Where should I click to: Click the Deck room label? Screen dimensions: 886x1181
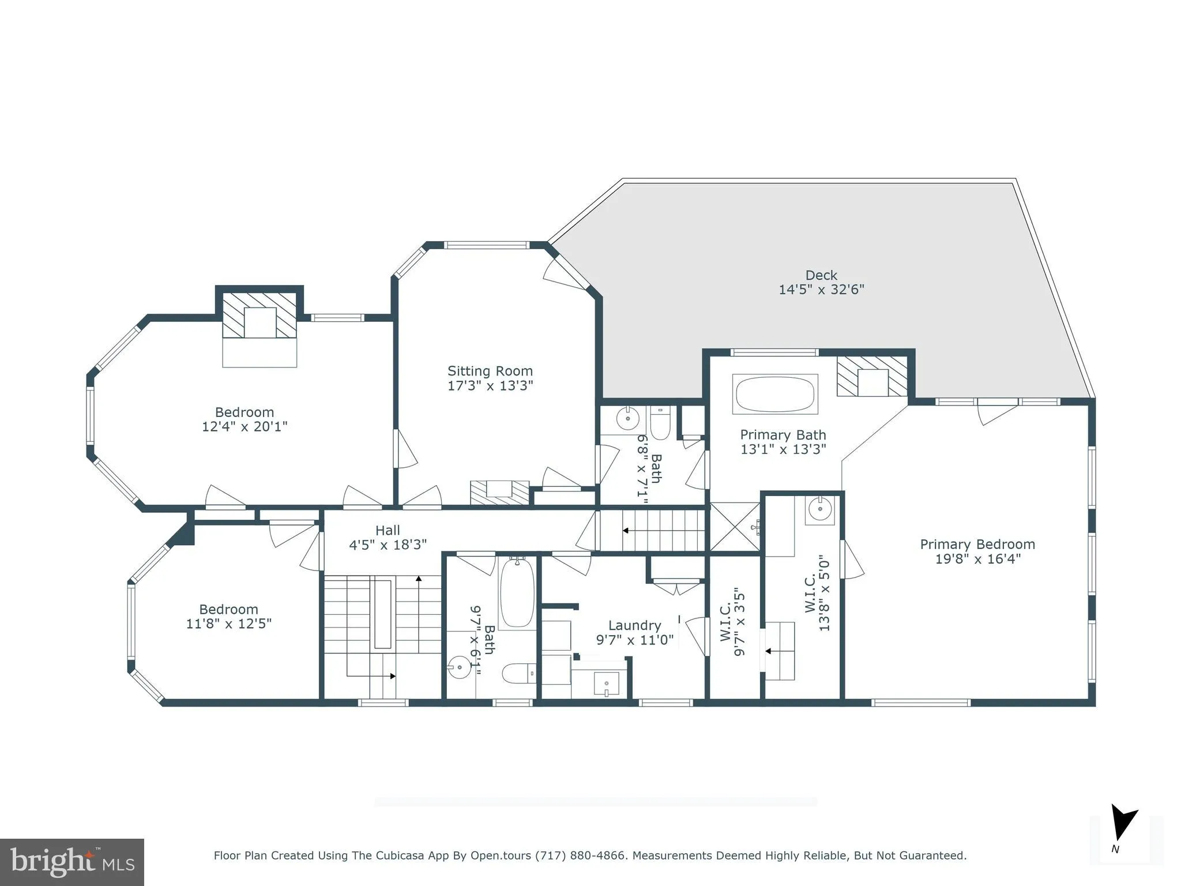point(821,276)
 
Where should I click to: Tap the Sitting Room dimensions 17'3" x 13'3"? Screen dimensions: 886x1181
point(490,386)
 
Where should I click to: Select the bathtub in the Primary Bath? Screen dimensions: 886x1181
point(775,395)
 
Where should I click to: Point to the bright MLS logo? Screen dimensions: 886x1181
point(72,862)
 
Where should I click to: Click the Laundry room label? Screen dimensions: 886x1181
point(634,625)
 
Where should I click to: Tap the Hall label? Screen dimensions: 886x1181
point(388,530)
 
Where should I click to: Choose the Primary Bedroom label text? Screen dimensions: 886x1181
point(977,545)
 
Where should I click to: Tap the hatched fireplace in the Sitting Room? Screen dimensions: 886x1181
point(499,493)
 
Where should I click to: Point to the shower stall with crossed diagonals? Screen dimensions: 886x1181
point(735,527)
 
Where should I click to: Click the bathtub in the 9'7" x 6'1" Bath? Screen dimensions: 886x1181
point(517,593)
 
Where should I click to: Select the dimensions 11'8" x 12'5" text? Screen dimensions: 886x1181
point(228,624)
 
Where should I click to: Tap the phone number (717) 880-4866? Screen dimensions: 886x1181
point(580,855)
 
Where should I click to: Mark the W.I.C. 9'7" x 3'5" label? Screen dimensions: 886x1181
point(733,622)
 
